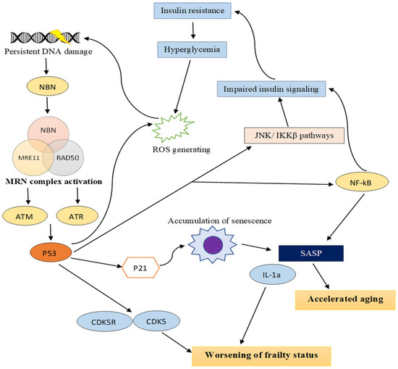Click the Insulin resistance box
(192, 11)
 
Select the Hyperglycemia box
(192, 49)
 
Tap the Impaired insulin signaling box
(271, 89)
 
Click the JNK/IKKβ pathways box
(295, 136)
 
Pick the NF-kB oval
(362, 183)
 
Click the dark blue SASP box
(311, 253)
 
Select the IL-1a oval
(273, 275)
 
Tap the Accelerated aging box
(345, 300)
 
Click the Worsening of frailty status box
(261, 355)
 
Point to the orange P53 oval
(51, 253)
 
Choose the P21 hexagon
(140, 268)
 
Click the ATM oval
(25, 216)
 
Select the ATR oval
(77, 216)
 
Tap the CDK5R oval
(104, 321)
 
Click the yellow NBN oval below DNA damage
(48, 86)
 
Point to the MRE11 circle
(29, 157)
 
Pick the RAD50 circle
(67, 157)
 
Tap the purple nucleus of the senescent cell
(213, 245)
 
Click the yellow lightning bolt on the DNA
(60, 36)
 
